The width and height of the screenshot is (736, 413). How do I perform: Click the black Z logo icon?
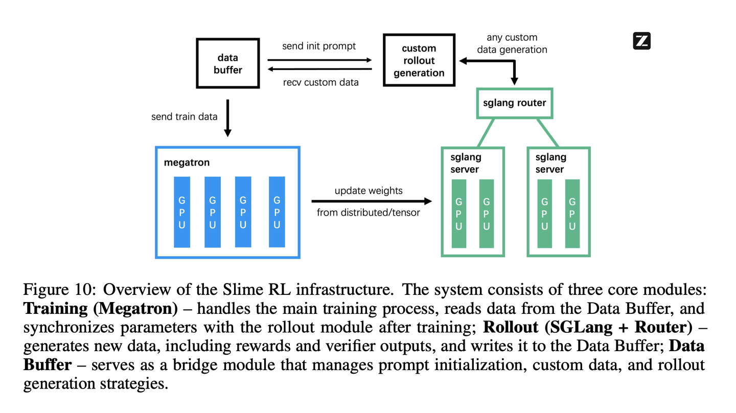pos(641,41)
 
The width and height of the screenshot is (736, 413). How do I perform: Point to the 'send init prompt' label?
pos(319,46)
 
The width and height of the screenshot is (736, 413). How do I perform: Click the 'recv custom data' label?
pos(320,82)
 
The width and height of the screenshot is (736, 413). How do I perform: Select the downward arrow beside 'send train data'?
pos(227,118)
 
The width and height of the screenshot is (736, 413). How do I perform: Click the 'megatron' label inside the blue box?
pos(187,163)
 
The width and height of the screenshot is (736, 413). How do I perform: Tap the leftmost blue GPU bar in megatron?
pos(182,212)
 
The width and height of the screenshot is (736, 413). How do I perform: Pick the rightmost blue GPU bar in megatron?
pos(277,212)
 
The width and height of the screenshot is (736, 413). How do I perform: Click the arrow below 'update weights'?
pos(372,201)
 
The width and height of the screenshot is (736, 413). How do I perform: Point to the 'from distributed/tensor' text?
pos(369,213)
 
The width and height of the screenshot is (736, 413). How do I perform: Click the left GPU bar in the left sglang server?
pos(458,214)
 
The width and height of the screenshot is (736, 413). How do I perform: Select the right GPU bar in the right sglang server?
pos(572,214)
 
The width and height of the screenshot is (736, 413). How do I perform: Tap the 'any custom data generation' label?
pos(512,43)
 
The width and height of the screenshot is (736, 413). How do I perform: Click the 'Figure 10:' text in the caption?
pos(59,289)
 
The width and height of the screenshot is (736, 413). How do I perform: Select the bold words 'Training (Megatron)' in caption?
pos(101,309)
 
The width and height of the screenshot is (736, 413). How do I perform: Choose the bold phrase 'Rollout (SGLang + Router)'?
pos(587,327)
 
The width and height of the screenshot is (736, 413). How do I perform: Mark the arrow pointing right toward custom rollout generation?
pos(319,60)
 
